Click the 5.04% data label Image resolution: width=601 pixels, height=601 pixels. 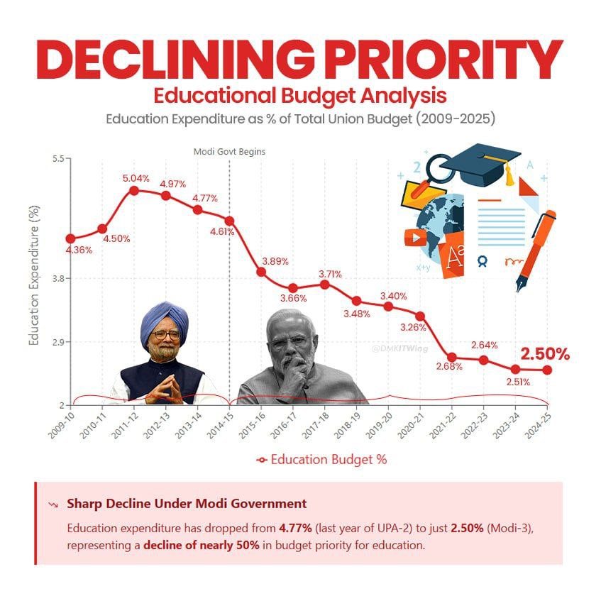(136, 178)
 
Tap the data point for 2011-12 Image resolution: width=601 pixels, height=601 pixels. (134, 190)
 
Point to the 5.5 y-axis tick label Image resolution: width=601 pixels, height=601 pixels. (57, 158)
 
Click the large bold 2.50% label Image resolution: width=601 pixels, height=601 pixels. (545, 354)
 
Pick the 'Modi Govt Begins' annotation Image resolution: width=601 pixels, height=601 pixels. (229, 151)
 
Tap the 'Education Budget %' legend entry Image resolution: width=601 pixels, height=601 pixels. (322, 459)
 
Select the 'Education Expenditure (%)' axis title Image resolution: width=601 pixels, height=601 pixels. (33, 275)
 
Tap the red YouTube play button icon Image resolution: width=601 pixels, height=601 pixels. (414, 237)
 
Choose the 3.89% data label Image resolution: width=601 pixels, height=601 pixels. (275, 261)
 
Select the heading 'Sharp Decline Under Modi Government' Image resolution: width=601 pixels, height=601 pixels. (187, 504)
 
